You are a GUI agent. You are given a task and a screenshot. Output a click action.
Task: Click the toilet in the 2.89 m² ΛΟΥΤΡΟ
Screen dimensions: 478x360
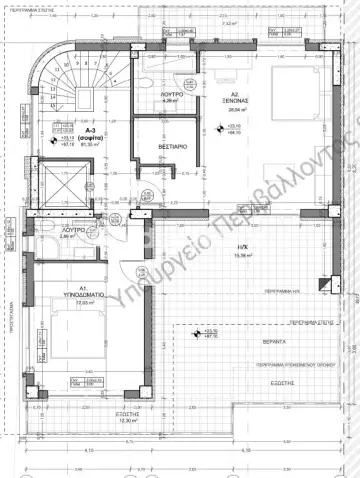pos(47,231)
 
